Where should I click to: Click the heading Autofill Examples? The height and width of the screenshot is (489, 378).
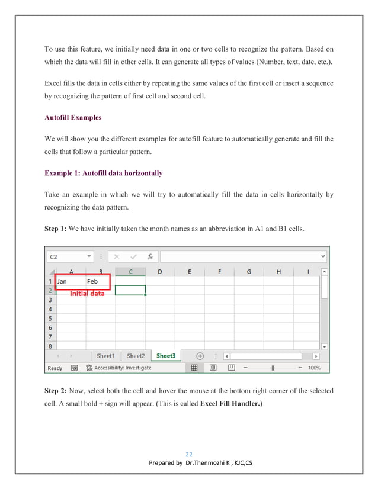coord(73,117)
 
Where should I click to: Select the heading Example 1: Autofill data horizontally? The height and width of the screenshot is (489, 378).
coord(103,173)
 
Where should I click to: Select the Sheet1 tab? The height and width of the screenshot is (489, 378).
coord(105,356)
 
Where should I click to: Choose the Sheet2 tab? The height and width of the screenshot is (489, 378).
coord(136,356)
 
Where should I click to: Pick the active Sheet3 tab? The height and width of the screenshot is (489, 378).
coord(166,356)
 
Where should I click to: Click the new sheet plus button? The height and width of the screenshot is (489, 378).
coord(200,356)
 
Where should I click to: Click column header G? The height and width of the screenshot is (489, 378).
coord(249,272)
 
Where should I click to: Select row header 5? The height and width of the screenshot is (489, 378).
coord(50,318)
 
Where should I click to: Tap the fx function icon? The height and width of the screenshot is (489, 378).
coord(150,257)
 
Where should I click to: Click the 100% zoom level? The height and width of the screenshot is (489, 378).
coord(314,368)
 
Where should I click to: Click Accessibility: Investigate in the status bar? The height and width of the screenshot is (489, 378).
coord(118,368)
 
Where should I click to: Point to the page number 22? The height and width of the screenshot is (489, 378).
coord(190,455)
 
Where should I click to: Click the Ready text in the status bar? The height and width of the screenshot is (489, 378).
coord(55,368)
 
